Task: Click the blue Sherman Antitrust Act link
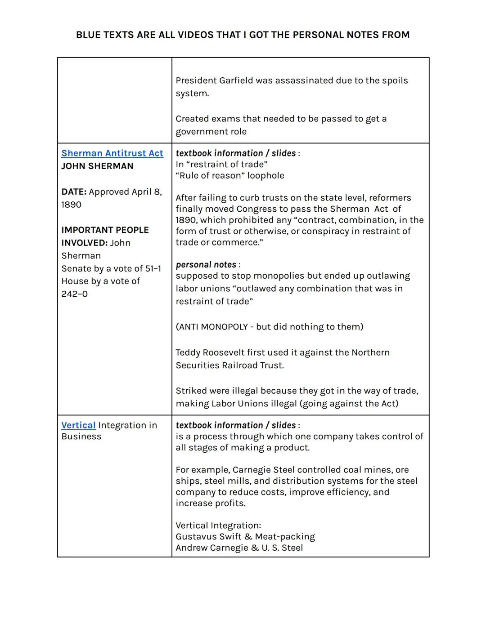coord(112,153)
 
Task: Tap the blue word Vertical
coord(78,425)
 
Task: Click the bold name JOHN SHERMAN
coord(97,166)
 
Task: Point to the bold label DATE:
coord(74,192)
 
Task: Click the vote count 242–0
coord(75,294)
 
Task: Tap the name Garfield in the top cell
coord(236,80)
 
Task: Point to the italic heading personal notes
coord(206,265)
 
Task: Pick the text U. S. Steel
coord(282,548)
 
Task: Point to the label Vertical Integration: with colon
coord(218,526)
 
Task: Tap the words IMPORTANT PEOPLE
coord(105,230)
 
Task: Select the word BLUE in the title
coord(89,35)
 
